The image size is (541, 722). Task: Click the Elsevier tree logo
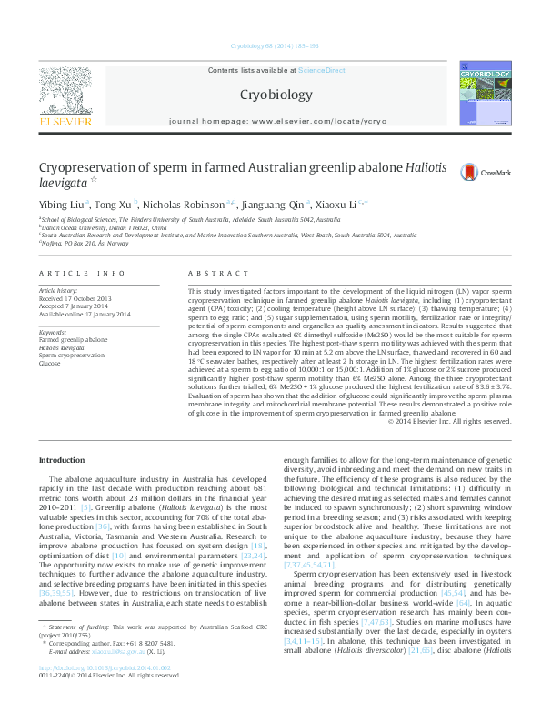65,90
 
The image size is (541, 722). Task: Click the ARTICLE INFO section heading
82,273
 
